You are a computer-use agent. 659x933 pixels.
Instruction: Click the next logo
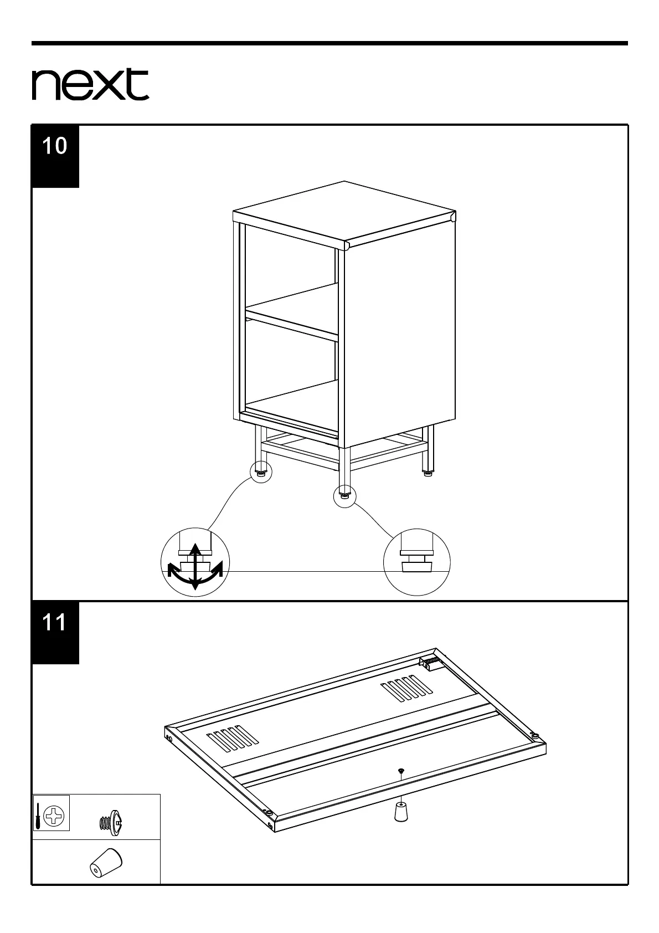pos(90,85)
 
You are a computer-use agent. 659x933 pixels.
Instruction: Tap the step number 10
pos(55,146)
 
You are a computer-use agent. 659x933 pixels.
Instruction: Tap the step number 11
pos(55,623)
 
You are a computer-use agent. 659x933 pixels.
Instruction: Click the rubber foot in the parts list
pos(106,879)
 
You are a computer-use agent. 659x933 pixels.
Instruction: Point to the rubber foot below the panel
pos(400,812)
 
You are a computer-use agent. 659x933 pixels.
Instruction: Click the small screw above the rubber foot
pos(400,771)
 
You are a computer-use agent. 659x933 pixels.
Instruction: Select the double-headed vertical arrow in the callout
pos(194,566)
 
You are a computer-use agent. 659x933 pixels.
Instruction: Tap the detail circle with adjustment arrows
pos(195,562)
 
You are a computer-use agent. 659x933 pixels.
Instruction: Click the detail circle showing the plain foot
pos(417,562)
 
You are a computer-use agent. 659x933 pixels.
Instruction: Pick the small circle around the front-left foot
pos(261,472)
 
